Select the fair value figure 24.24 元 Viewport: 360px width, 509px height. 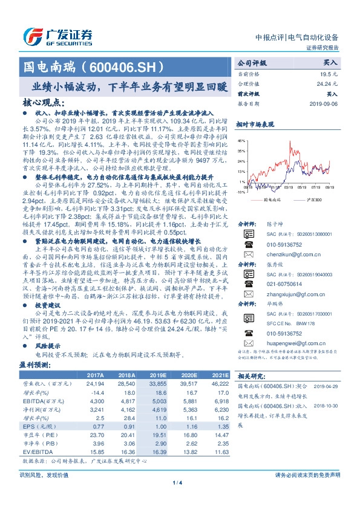328,83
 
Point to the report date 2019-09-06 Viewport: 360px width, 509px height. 324,103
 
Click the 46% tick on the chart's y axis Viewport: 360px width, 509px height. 241,140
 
